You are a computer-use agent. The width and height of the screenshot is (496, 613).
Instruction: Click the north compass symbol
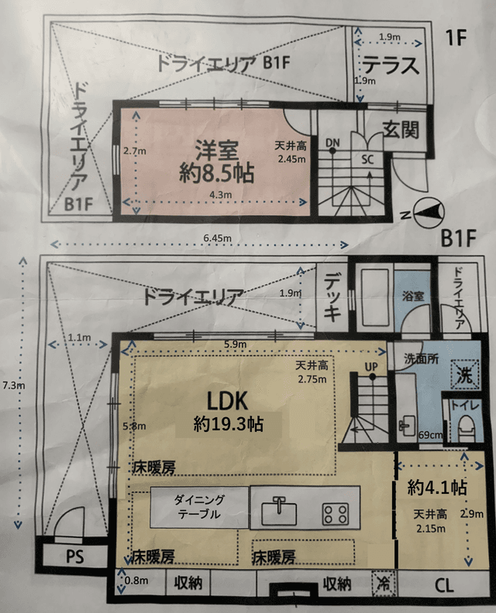tap(427, 210)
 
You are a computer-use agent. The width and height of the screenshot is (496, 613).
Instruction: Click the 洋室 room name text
tap(209, 147)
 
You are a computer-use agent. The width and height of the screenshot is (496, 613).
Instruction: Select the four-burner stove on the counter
tap(335, 512)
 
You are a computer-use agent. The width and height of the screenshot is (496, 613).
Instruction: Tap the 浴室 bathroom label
tap(412, 295)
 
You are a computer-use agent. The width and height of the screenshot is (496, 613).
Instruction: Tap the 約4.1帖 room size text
tap(436, 488)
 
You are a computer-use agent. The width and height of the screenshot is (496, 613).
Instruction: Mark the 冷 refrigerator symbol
tap(381, 581)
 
